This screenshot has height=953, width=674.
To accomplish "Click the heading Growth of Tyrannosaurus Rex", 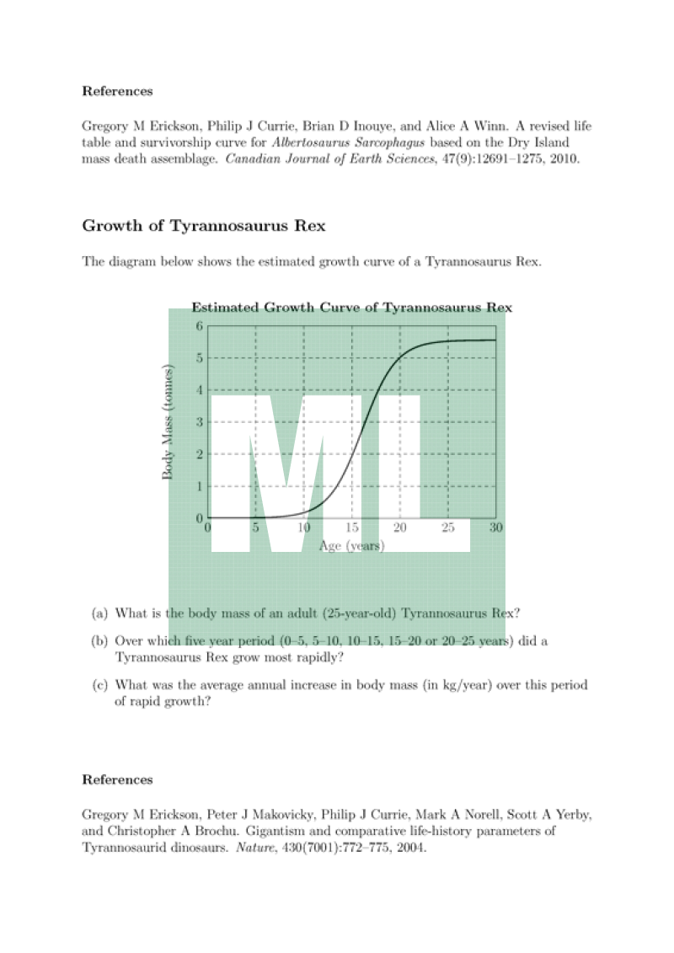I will point(203,226).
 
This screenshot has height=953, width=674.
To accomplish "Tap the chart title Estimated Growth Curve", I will point(351,308).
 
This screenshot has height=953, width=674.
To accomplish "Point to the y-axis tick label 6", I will point(200,326).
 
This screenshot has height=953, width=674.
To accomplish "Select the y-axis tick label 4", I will point(200,390).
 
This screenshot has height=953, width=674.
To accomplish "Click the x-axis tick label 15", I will point(352,527).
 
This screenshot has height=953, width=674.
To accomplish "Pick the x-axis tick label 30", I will point(496,527).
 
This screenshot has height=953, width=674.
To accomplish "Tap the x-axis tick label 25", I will point(448,527).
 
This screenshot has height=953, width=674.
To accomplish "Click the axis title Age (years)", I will point(352,545).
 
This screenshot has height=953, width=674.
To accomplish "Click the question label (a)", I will point(99,613).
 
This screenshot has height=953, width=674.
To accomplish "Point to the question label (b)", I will point(99,641).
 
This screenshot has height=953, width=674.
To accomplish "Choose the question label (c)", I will point(99,685).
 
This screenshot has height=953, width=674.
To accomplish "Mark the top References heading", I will point(117,91).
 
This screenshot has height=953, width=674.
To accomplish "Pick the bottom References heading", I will point(117,779).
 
